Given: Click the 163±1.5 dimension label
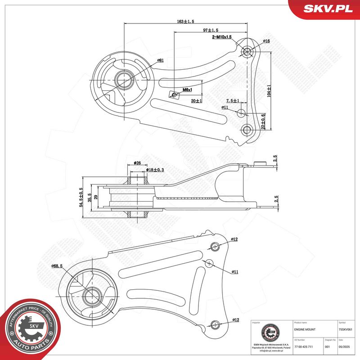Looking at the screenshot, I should pos(185,21).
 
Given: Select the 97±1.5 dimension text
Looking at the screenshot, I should pos(211,30).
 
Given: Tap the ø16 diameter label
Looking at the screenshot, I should pos(266,41).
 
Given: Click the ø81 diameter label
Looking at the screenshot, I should pos(160,60).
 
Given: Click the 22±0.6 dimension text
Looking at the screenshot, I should pos(264,121).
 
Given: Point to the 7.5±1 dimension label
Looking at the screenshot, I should pos(232,101).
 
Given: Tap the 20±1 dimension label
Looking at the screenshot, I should pos(196,101).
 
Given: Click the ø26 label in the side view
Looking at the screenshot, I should pos(138,163).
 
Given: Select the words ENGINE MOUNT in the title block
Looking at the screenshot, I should pos(305,330).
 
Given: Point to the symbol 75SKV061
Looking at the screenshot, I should pos(346,330).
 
